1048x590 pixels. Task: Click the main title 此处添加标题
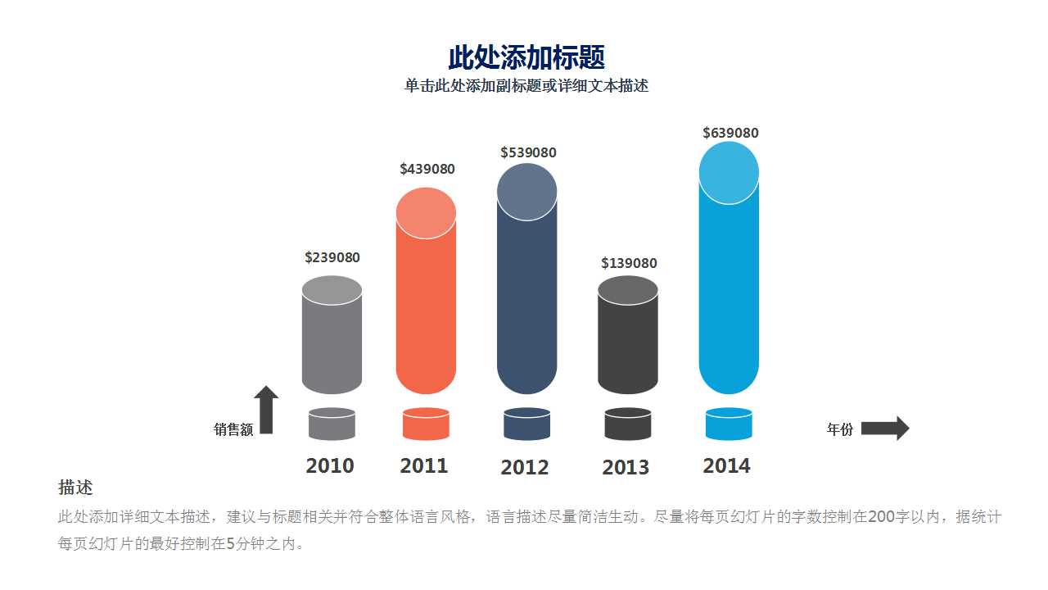point(526,58)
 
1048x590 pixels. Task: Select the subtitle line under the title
point(526,86)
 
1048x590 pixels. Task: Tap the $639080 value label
point(730,133)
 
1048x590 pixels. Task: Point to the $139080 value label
point(629,263)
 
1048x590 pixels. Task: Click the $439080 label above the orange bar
point(427,169)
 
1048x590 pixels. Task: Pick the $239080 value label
point(332,257)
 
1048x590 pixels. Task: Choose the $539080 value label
point(528,152)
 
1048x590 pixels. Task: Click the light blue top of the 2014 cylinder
point(729,173)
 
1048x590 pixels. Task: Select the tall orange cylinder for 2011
point(426,311)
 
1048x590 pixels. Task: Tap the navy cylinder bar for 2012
point(526,303)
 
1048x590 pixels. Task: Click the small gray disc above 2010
point(332,424)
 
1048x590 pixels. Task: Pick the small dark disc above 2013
point(628,424)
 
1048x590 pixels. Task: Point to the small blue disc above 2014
point(729,424)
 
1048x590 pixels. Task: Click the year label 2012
point(525,468)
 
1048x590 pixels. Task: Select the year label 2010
point(330,466)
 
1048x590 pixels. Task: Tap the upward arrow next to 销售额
point(266,409)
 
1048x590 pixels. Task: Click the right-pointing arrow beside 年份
point(885,429)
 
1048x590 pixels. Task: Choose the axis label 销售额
point(233,429)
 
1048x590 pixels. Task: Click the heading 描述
point(75,488)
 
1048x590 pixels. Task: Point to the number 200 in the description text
point(881,517)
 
